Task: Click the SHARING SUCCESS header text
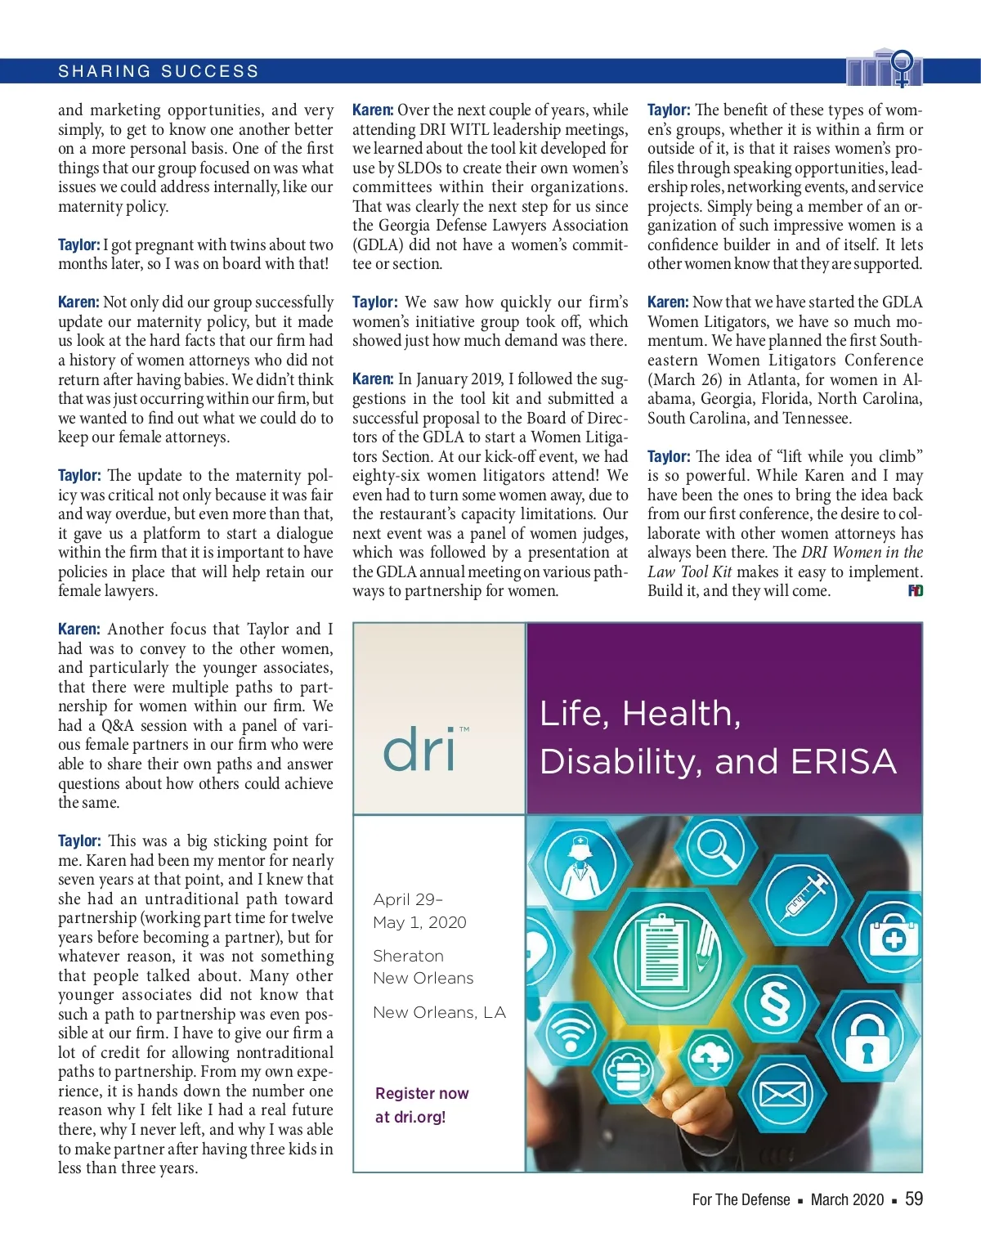158,71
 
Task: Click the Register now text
422,1093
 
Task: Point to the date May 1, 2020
419,922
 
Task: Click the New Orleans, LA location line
439,1012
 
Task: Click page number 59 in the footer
914,1199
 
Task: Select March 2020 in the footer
847,1199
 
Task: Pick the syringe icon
804,898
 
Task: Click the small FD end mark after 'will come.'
916,590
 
